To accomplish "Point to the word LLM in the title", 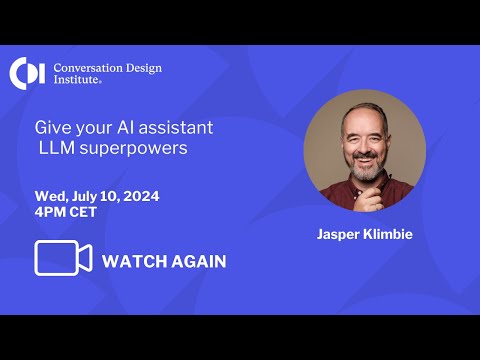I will click(x=57, y=148).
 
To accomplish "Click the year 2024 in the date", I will click(x=140, y=196).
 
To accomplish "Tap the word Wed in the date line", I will click(x=50, y=196).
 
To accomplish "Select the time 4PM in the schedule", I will click(x=51, y=213).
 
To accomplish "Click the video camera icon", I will click(x=63, y=258).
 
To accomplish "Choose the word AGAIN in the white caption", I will click(x=200, y=262).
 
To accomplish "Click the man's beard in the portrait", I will click(x=364, y=169).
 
